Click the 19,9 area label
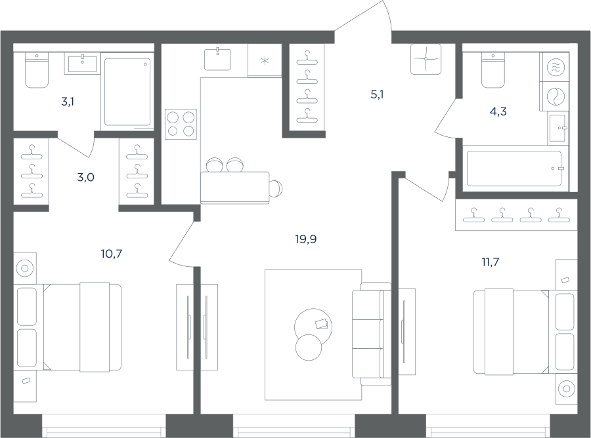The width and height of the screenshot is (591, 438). point(305,239)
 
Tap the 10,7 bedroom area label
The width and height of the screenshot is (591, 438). point(111,254)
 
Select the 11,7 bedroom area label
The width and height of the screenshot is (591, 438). point(491,262)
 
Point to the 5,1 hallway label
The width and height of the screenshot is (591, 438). point(377,94)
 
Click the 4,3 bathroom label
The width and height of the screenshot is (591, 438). point(498,111)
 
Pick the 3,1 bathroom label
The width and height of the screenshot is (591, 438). point(68,101)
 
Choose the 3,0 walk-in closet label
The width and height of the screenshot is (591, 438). point(85,177)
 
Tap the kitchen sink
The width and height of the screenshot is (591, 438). point(218,59)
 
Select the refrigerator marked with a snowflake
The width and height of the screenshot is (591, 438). point(265,60)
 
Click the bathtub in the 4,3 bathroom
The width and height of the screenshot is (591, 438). point(514,169)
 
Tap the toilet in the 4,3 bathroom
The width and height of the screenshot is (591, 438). point(493,70)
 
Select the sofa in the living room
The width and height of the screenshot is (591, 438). point(371,334)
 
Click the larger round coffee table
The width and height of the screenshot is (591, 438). point(314,327)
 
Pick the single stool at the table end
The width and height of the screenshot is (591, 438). point(276,188)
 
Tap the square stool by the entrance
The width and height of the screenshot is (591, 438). point(426,59)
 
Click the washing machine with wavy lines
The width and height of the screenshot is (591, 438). point(554,67)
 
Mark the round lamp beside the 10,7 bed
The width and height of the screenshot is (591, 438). point(25,268)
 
